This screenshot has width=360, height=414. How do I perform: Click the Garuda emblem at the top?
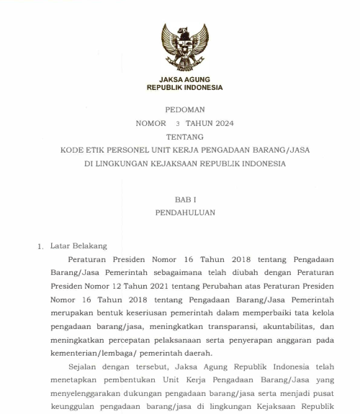(x=184, y=45)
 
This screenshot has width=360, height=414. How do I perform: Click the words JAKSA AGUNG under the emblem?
(x=184, y=78)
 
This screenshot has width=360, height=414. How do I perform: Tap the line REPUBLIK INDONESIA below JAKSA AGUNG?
(x=184, y=87)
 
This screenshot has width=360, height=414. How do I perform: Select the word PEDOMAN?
(x=184, y=110)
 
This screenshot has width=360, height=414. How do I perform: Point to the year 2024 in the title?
(x=221, y=123)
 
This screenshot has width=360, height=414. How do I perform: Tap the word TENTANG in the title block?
(x=184, y=136)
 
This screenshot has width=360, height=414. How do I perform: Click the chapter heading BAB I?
(x=184, y=199)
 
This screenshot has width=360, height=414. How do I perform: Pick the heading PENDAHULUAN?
(x=184, y=212)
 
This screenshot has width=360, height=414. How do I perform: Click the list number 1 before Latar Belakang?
(x=40, y=247)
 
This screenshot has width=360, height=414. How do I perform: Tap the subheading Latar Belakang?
(x=78, y=246)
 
